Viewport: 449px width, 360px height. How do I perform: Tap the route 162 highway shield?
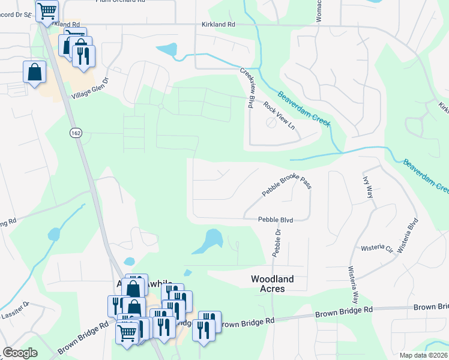[76, 133]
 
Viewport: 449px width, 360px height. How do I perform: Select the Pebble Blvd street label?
[276, 220]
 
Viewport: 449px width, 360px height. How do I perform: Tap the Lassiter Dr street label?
[15, 307]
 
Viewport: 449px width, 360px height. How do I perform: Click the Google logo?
[20, 352]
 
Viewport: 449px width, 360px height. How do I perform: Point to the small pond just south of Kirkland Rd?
[167, 50]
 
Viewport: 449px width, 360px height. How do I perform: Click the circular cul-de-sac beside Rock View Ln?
[271, 122]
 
